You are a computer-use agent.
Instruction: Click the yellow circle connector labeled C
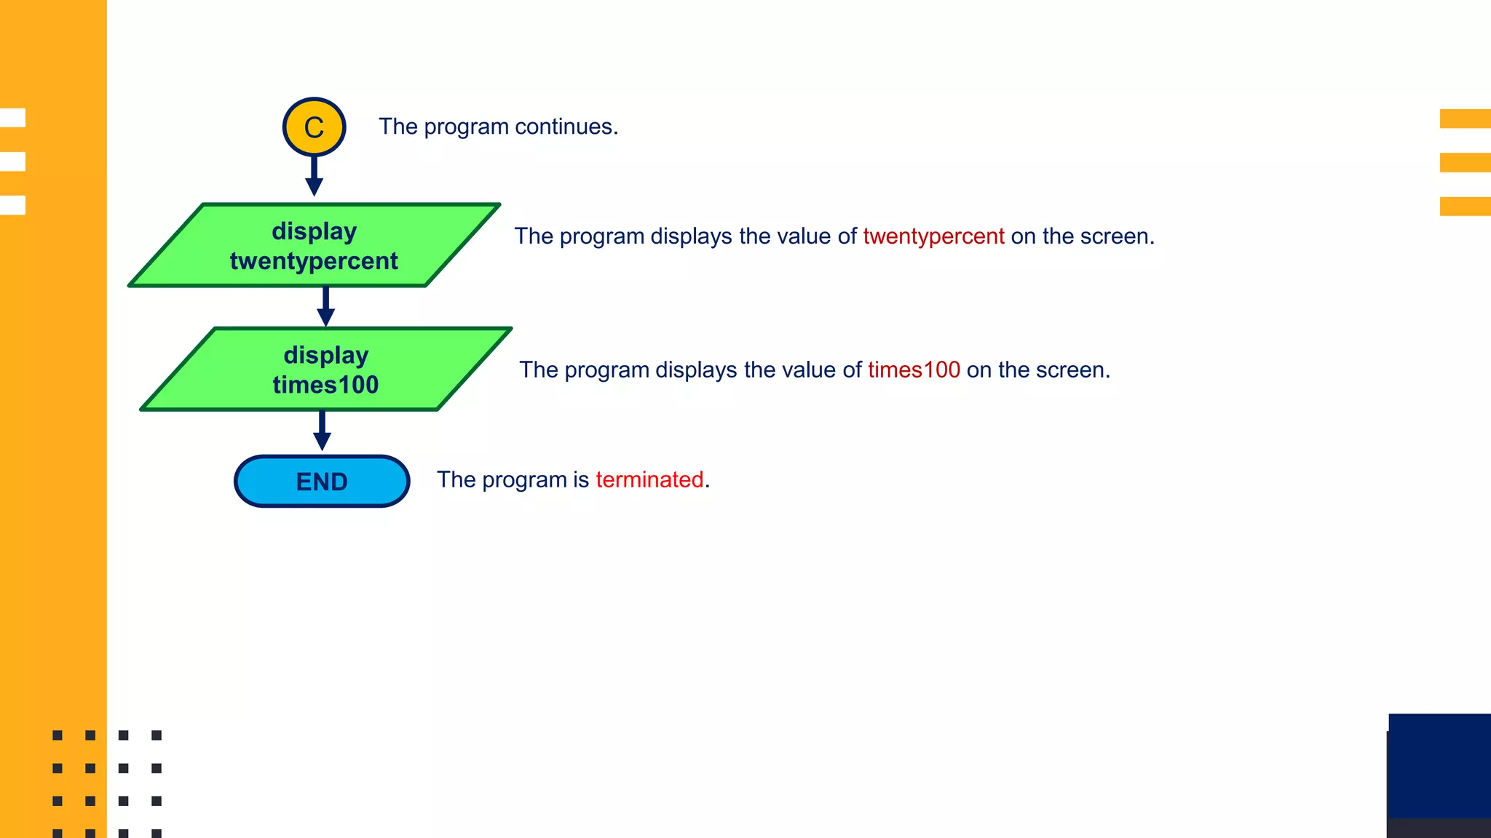click(x=314, y=127)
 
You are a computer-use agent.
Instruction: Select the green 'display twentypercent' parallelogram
click(x=314, y=245)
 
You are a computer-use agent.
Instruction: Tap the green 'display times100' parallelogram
click(x=325, y=369)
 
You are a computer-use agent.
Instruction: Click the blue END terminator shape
click(x=322, y=481)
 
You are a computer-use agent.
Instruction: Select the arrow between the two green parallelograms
click(x=325, y=306)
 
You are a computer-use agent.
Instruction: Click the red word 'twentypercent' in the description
click(x=933, y=236)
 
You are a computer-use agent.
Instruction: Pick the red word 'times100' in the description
click(x=914, y=370)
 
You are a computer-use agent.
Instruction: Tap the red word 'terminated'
click(x=649, y=480)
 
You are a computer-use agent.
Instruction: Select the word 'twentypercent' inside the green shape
click(x=314, y=261)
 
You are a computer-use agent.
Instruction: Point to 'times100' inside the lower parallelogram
click(x=325, y=385)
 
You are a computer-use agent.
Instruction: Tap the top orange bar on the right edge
click(x=1465, y=119)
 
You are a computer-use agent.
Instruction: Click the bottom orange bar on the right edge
click(x=1465, y=206)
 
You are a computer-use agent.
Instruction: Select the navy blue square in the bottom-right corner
click(x=1439, y=765)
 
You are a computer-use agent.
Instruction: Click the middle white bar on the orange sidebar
click(x=13, y=161)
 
